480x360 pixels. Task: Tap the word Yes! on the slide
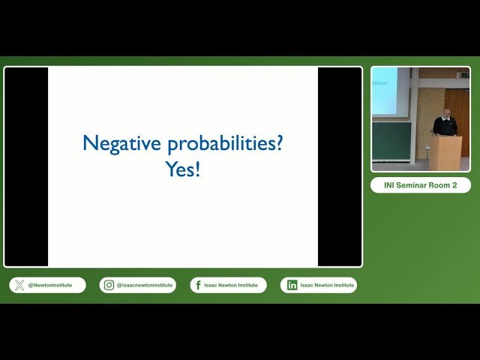pyautogui.click(x=183, y=169)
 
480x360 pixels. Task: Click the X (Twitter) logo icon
pyautogui.click(x=19, y=285)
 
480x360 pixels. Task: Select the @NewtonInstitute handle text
pyautogui.click(x=50, y=285)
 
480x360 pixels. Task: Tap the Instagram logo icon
pyautogui.click(x=109, y=285)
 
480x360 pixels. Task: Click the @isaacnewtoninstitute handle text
pyautogui.click(x=144, y=285)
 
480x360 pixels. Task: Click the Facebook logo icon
pyautogui.click(x=199, y=285)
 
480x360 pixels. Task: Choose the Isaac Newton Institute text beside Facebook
pyautogui.click(x=231, y=285)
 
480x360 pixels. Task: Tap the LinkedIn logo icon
pyautogui.click(x=292, y=285)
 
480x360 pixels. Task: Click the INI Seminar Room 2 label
pyautogui.click(x=421, y=185)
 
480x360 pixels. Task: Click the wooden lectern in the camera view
pyautogui.click(x=448, y=152)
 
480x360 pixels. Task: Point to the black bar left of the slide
pyautogui.click(x=26, y=166)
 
